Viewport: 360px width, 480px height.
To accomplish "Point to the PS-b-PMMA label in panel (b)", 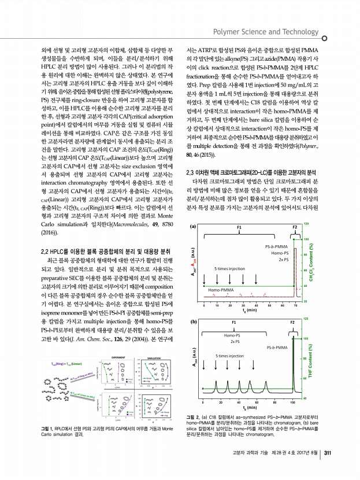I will click(x=279, y=347).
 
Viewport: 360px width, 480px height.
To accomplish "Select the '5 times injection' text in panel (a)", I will click(x=229, y=269).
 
